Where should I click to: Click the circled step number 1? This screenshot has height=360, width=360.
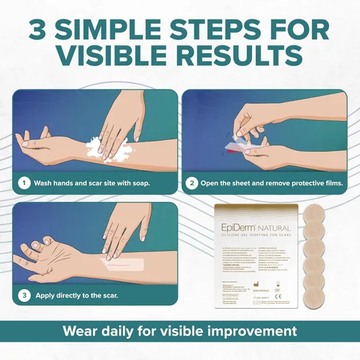click(25, 182)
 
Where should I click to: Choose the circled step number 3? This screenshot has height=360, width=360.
click(25, 294)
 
